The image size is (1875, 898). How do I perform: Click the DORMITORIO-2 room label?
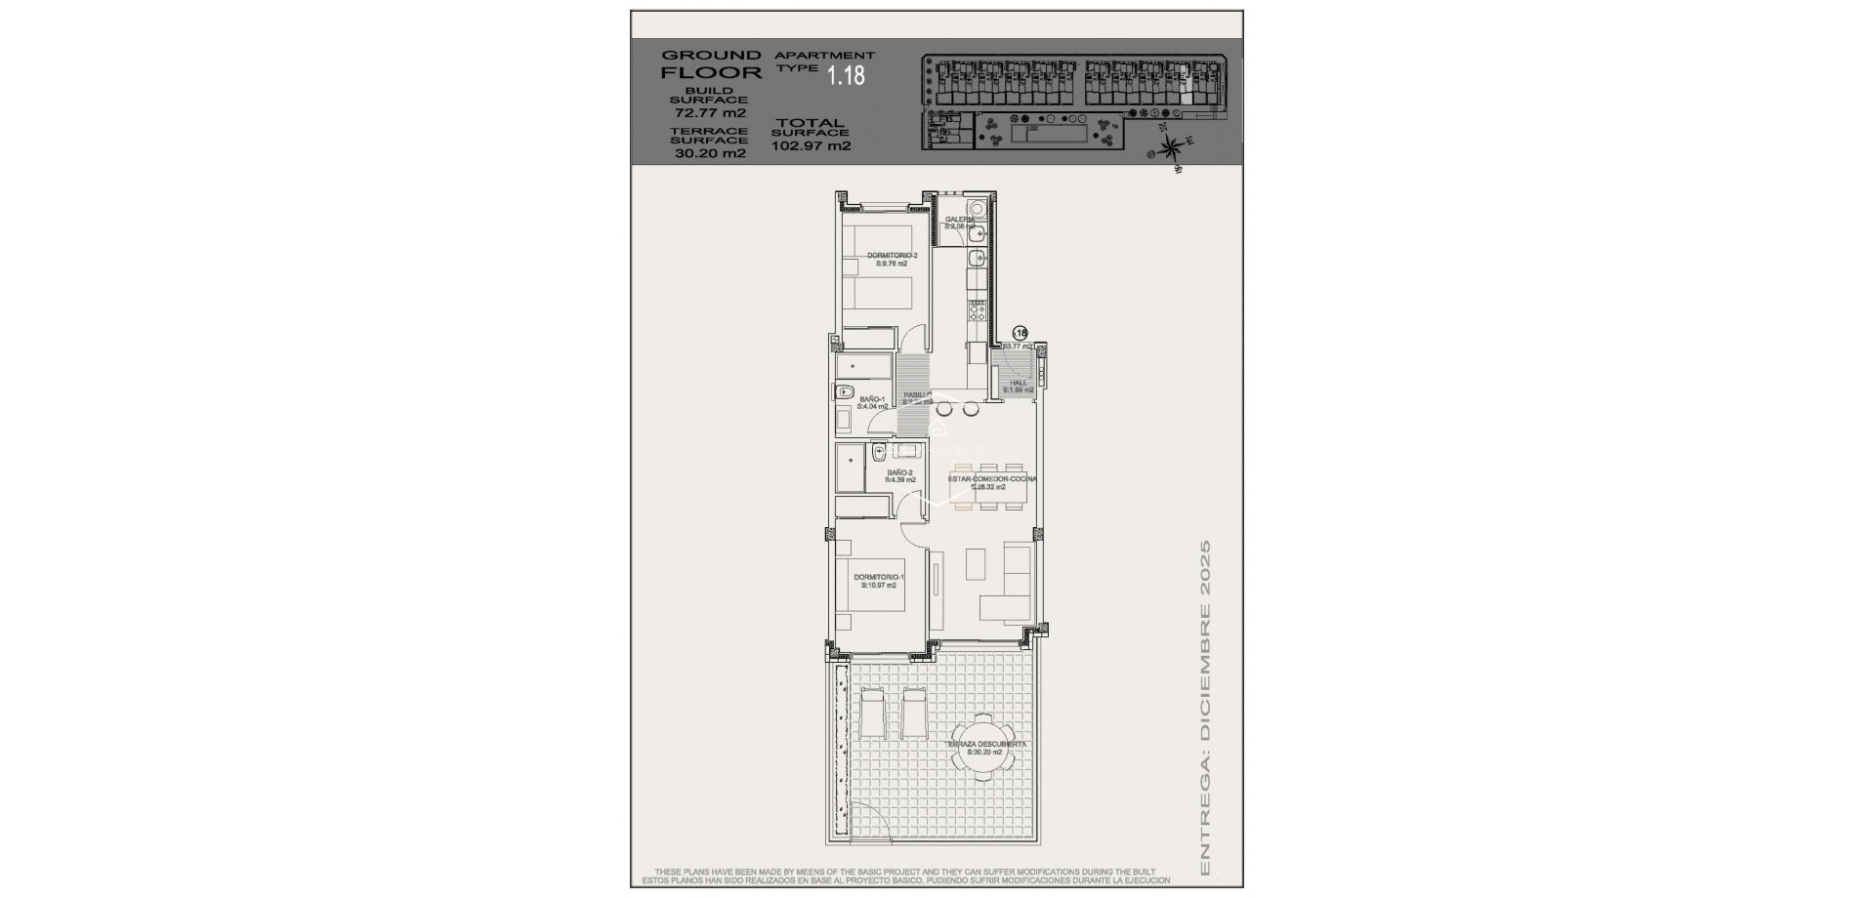(x=893, y=259)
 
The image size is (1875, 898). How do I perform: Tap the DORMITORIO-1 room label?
(x=879, y=581)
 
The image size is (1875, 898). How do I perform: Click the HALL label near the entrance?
(x=1019, y=386)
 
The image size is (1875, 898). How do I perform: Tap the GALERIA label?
(x=959, y=223)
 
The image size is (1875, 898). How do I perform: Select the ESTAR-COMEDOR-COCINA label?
(x=992, y=482)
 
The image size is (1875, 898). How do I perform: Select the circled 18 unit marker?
(x=1021, y=332)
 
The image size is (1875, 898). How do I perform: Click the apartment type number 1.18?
(x=846, y=75)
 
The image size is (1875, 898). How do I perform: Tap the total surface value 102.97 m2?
(x=811, y=146)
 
